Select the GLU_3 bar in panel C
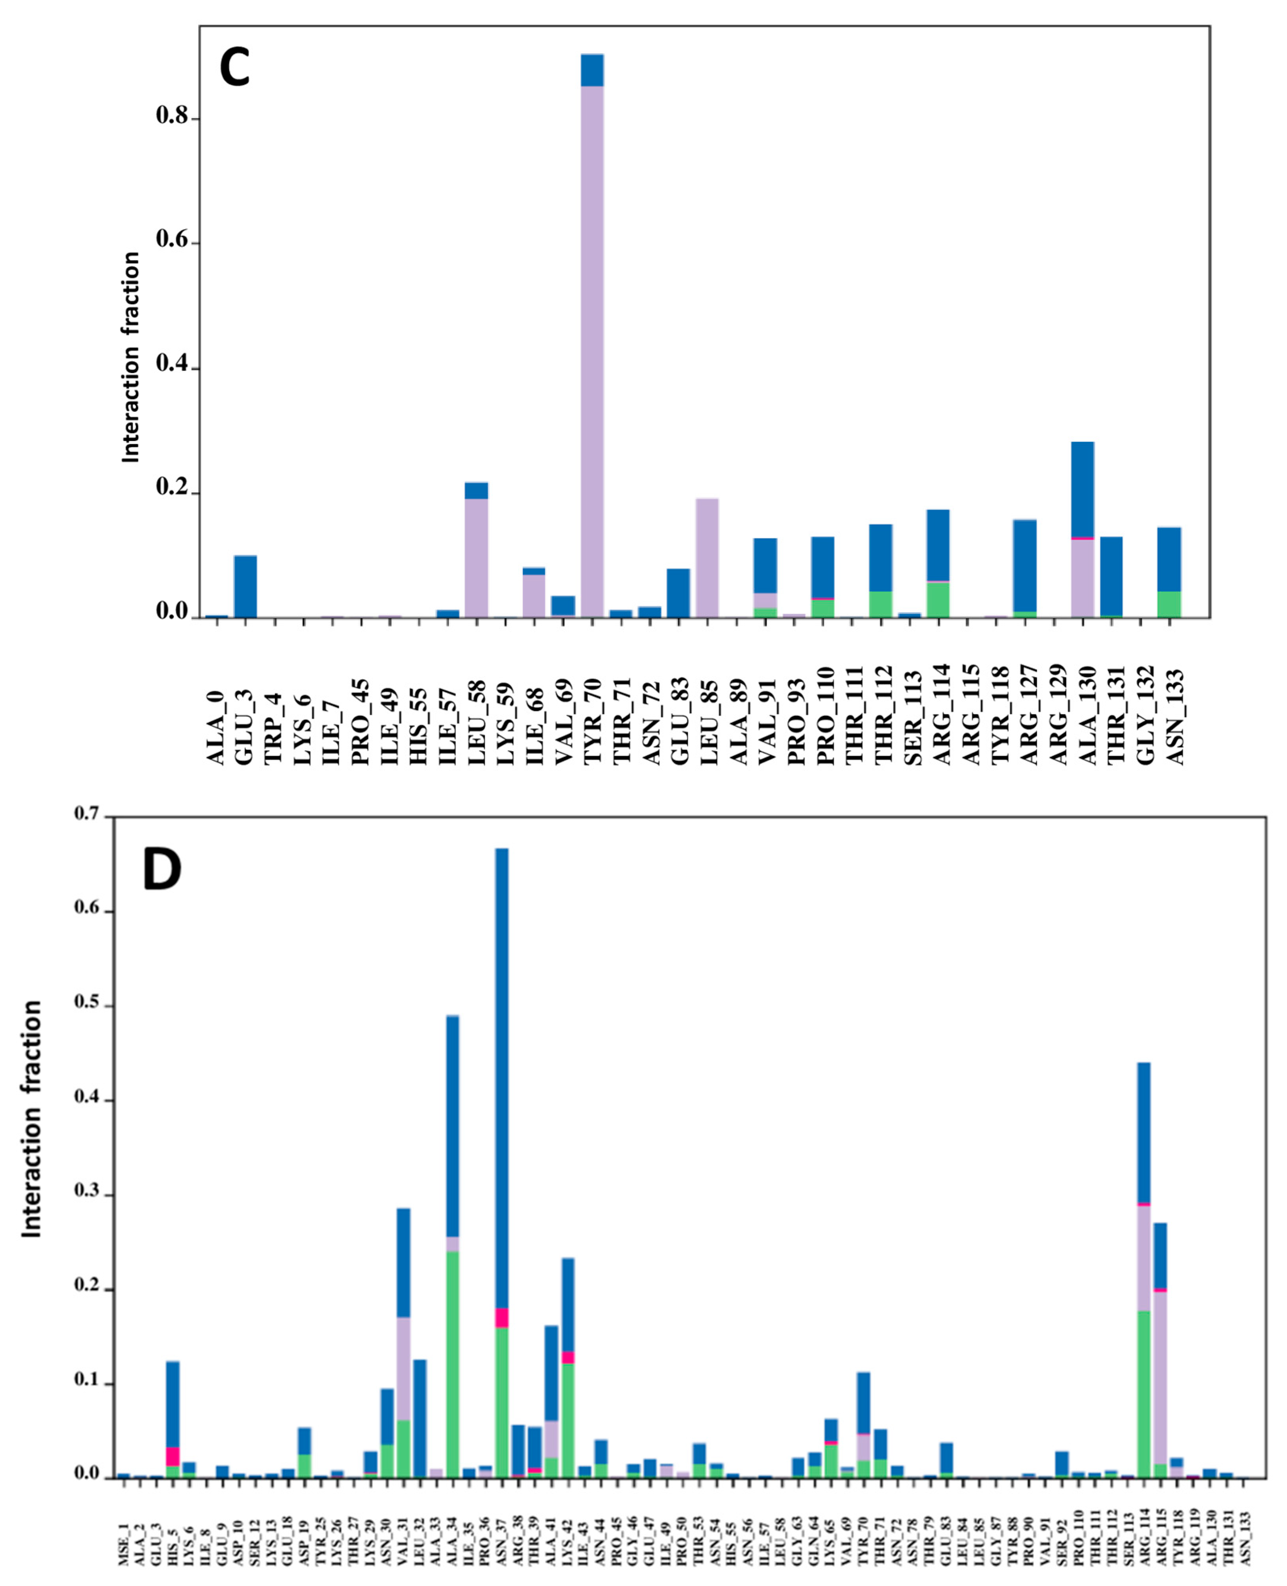[x=246, y=585]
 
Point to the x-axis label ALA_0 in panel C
[x=216, y=726]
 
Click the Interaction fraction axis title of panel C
[x=131, y=357]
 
